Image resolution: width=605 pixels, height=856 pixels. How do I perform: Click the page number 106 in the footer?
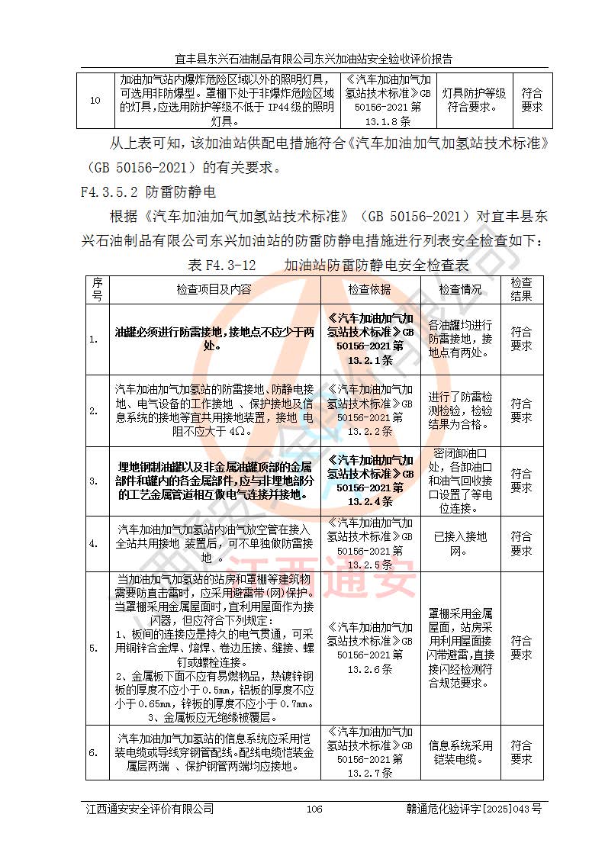pyautogui.click(x=314, y=809)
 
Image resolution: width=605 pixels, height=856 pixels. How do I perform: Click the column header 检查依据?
pyautogui.click(x=369, y=289)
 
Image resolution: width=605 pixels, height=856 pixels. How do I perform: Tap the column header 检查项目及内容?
pyautogui.click(x=214, y=289)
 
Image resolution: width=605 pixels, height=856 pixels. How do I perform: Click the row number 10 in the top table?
pyautogui.click(x=95, y=100)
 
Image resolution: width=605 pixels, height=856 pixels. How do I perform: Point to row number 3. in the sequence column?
pyautogui.click(x=94, y=481)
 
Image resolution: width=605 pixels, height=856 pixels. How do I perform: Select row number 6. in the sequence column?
pyautogui.click(x=94, y=752)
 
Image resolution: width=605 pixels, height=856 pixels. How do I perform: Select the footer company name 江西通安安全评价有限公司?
pyautogui.click(x=150, y=809)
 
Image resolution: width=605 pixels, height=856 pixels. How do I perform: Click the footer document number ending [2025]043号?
pyautogui.click(x=474, y=809)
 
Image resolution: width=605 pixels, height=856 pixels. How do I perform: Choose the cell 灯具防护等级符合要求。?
pyautogui.click(x=474, y=100)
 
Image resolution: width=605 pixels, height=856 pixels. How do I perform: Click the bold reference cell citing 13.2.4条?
pyautogui.click(x=369, y=481)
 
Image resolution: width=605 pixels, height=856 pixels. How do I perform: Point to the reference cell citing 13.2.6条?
pyautogui.click(x=369, y=648)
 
